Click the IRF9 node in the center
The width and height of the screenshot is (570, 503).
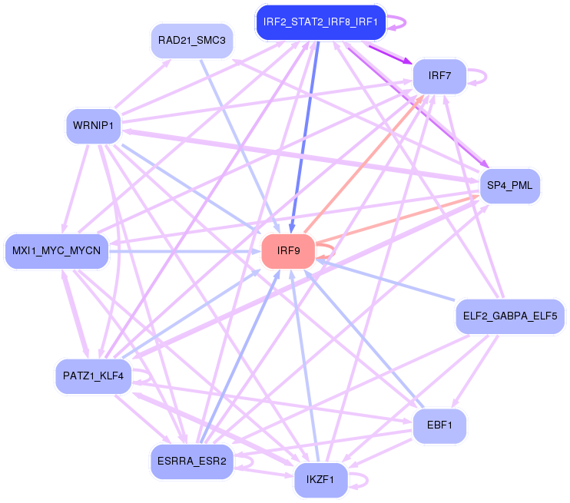pyautogui.click(x=288, y=250)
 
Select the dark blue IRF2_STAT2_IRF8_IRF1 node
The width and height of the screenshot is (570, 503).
pyautogui.click(x=320, y=22)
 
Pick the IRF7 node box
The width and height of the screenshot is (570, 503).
pyautogui.click(x=439, y=76)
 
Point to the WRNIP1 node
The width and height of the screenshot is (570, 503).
pyautogui.click(x=94, y=124)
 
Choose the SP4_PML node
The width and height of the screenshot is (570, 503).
pyautogui.click(x=510, y=185)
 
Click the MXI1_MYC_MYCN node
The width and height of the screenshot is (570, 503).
pyautogui.click(x=57, y=250)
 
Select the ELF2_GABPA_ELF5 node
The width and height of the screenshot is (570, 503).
pyautogui.click(x=510, y=315)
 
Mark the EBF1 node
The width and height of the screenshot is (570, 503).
pyautogui.click(x=439, y=425)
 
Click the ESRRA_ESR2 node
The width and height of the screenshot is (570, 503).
pyautogui.click(x=191, y=461)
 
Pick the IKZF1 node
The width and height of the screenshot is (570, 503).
pyautogui.click(x=320, y=480)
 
